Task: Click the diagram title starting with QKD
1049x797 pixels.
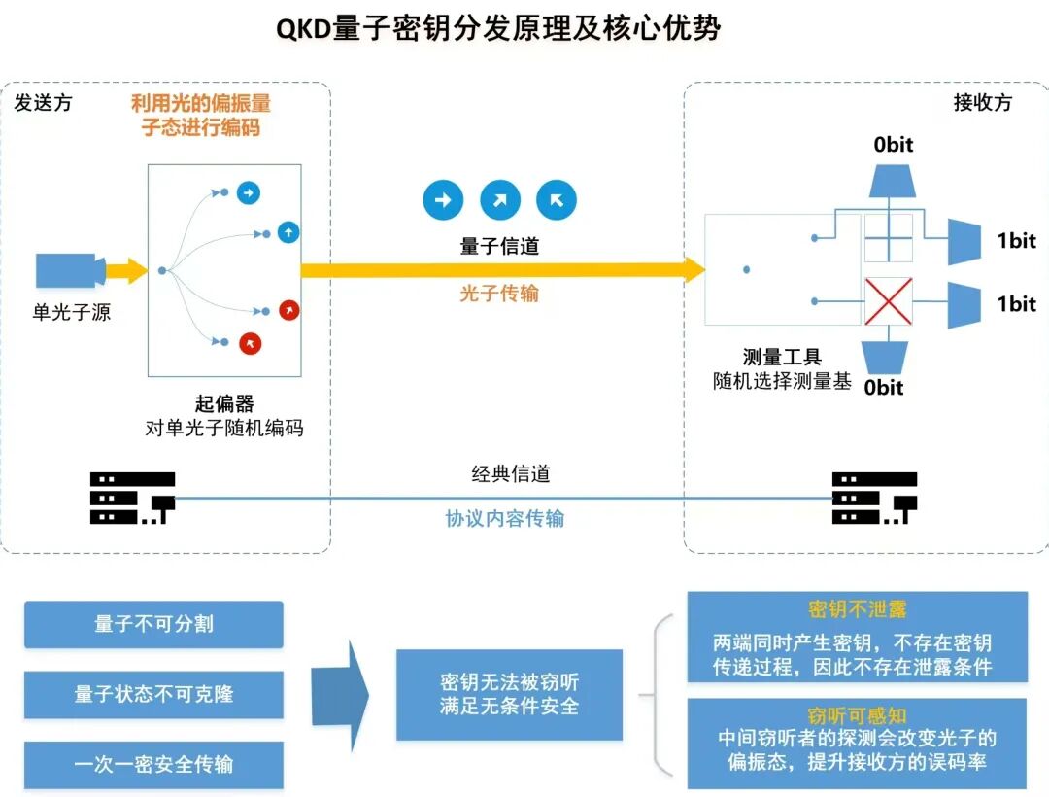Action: [498, 28]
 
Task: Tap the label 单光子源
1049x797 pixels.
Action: [71, 313]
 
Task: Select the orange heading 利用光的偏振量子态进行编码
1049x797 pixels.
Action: [201, 115]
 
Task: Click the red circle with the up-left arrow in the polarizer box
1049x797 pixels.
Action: [251, 343]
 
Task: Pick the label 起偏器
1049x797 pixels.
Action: [224, 404]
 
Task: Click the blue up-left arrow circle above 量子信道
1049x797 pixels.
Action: [557, 200]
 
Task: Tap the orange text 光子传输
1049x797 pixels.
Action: [498, 293]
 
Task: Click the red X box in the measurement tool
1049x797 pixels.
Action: [889, 300]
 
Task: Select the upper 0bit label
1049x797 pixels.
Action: [893, 145]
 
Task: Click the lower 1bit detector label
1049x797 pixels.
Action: [1016, 303]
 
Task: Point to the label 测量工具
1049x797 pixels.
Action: [782, 358]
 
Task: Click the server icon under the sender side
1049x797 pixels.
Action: [132, 499]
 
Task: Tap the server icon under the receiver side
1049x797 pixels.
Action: [874, 499]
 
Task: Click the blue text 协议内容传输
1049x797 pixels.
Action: [504, 518]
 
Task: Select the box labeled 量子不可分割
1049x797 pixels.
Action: [153, 624]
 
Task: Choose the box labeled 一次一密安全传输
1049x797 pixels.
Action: [153, 764]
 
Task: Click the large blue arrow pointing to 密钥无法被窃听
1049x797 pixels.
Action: [340, 694]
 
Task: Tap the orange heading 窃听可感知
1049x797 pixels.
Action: [857, 716]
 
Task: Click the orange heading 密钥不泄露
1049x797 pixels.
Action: [857, 609]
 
